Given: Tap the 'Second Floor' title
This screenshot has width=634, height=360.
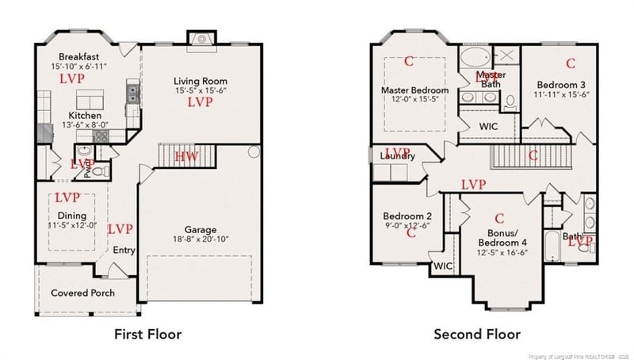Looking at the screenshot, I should pyautogui.click(x=478, y=334).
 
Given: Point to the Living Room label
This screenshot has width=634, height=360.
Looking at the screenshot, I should pyautogui.click(x=201, y=81).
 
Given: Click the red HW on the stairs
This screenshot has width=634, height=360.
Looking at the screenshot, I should pyautogui.click(x=186, y=156).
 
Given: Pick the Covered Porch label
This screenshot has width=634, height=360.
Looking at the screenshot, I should pyautogui.click(x=82, y=293).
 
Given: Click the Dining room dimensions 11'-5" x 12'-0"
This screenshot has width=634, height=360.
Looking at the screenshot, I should pyautogui.click(x=71, y=226).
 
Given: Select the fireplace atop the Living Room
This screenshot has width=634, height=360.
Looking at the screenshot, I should pyautogui.click(x=201, y=39).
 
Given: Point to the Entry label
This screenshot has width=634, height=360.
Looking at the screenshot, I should pyautogui.click(x=124, y=251).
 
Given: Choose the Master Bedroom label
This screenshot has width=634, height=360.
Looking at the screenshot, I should pyautogui.click(x=414, y=90).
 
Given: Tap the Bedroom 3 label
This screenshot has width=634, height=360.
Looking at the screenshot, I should pyautogui.click(x=563, y=85).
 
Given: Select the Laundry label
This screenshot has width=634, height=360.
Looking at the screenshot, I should pyautogui.click(x=397, y=156).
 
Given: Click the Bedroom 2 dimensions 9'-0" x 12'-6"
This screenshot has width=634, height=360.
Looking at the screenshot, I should pyautogui.click(x=407, y=225).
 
